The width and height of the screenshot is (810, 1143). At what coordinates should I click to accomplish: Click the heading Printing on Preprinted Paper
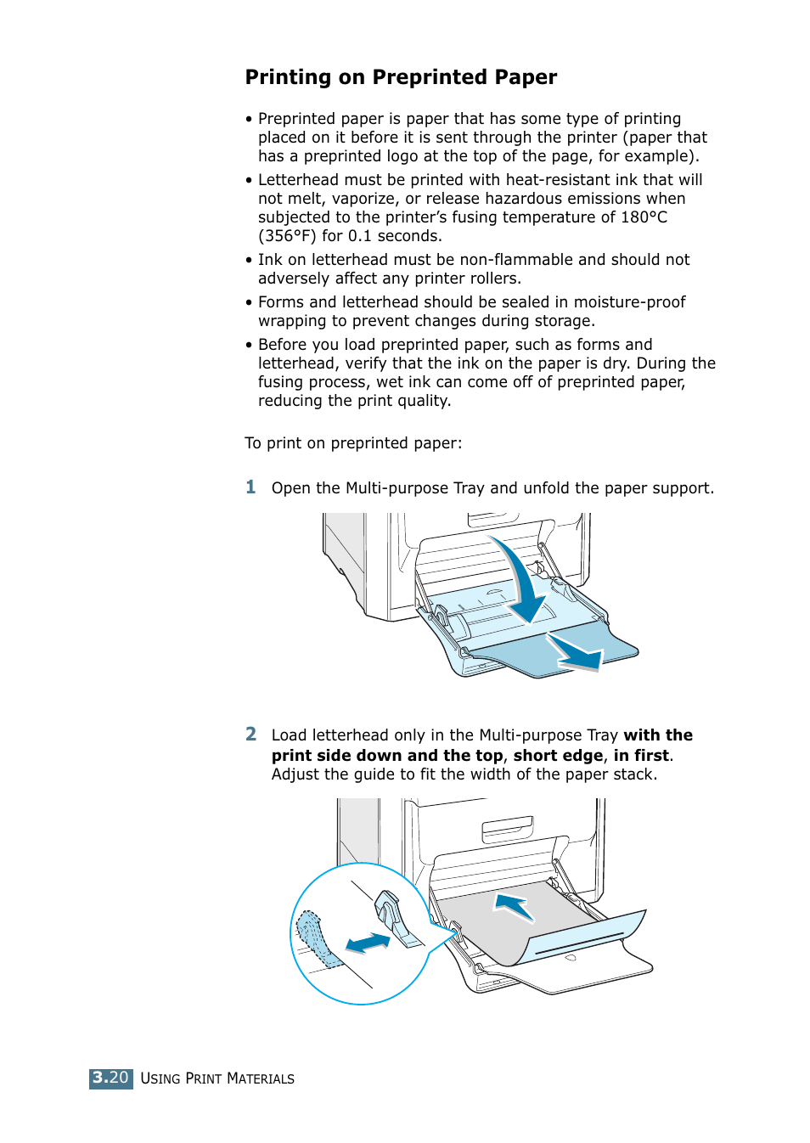401,77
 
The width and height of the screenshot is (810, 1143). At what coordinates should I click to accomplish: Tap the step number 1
250,487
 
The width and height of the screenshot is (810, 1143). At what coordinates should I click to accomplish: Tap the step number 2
250,735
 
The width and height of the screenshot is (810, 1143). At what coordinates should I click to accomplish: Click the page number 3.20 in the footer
110,1078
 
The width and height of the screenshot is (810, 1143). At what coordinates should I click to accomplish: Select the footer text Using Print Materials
217,1078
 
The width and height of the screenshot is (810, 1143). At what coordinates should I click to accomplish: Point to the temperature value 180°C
644,217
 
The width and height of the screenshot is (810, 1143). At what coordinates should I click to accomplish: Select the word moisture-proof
629,302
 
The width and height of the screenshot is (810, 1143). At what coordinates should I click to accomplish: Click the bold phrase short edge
558,756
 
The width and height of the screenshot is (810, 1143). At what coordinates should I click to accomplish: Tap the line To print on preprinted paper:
353,443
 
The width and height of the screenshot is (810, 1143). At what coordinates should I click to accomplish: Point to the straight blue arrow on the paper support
575,652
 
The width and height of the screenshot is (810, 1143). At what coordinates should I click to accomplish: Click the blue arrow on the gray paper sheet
515,907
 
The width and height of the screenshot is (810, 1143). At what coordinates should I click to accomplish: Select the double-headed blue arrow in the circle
368,943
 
